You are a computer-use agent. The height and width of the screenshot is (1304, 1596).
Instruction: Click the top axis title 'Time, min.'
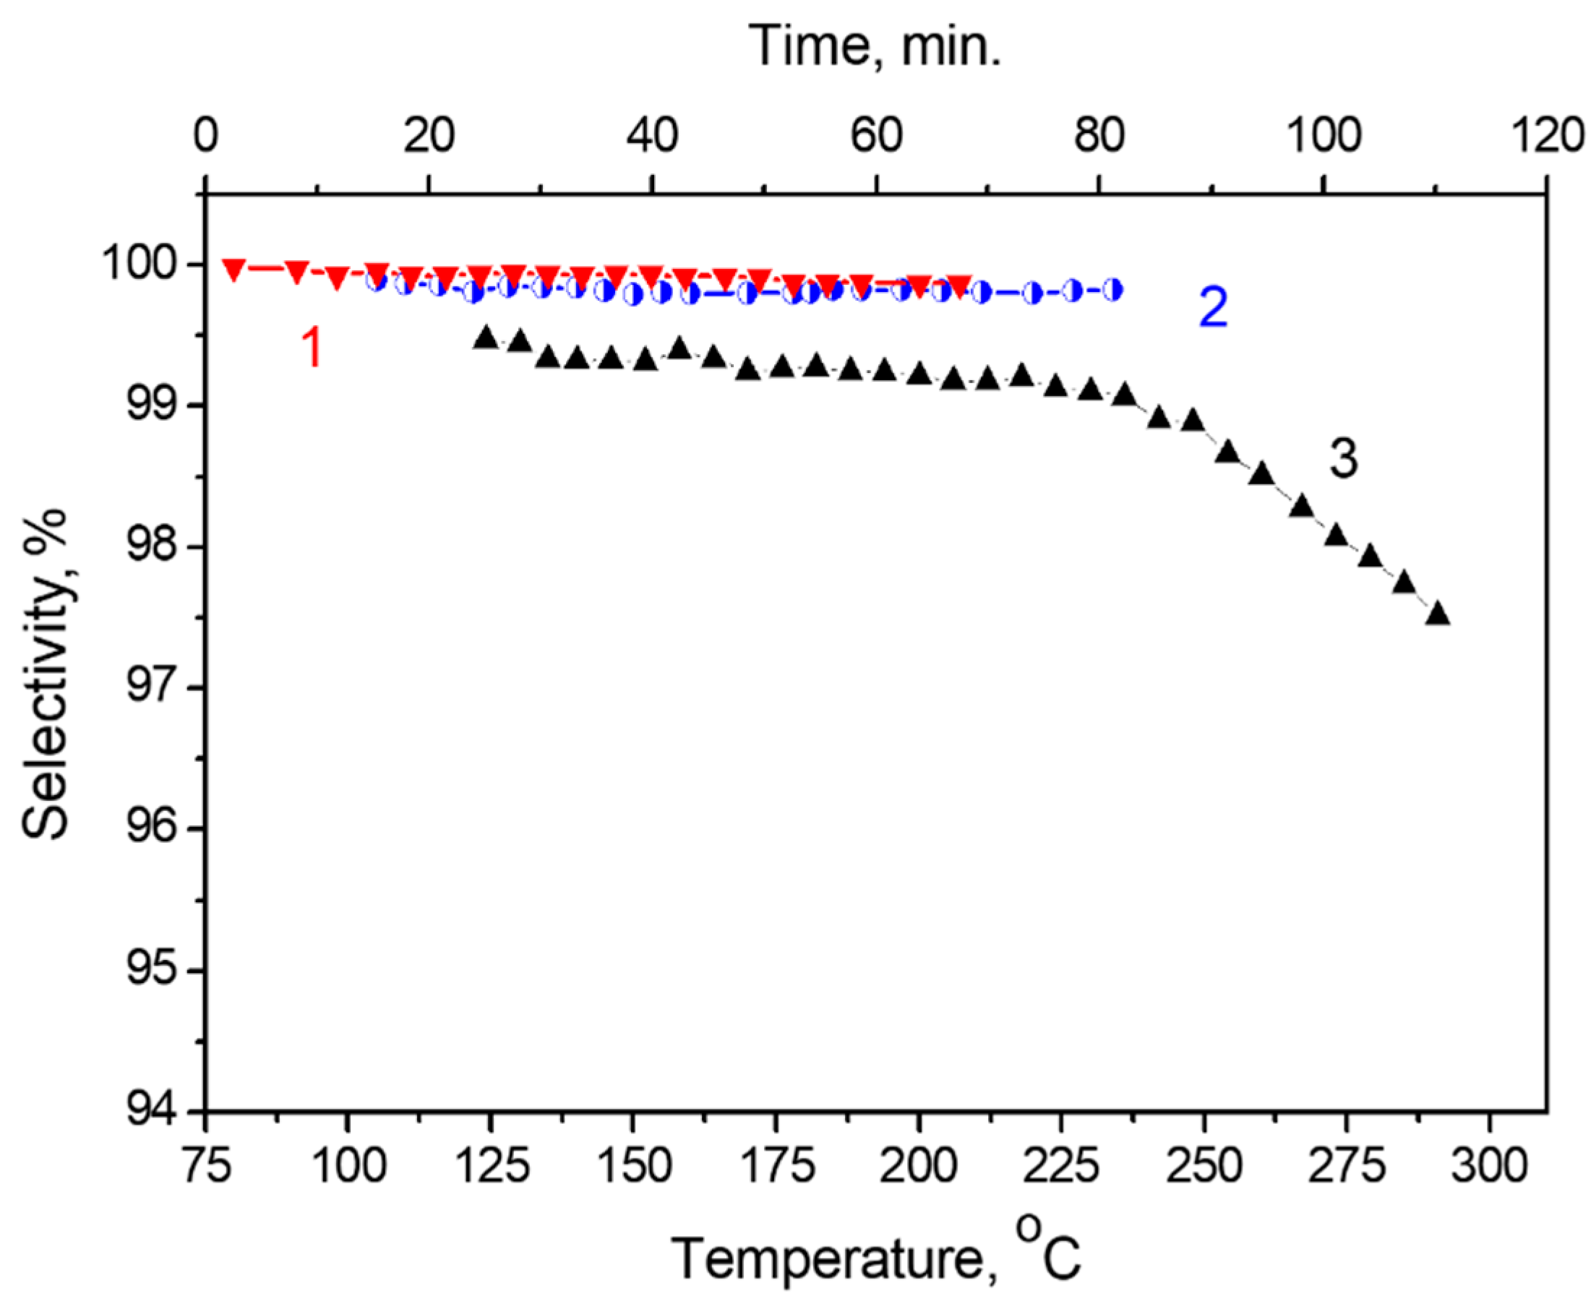(x=875, y=46)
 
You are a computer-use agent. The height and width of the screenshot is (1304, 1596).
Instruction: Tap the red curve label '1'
(x=312, y=348)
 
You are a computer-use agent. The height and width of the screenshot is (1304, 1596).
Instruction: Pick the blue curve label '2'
(x=1213, y=307)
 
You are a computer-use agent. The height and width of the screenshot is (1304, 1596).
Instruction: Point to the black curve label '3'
(x=1343, y=459)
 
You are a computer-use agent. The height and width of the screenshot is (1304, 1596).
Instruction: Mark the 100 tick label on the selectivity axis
(x=140, y=265)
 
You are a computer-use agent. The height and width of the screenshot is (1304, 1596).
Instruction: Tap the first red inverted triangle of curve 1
(x=233, y=270)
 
